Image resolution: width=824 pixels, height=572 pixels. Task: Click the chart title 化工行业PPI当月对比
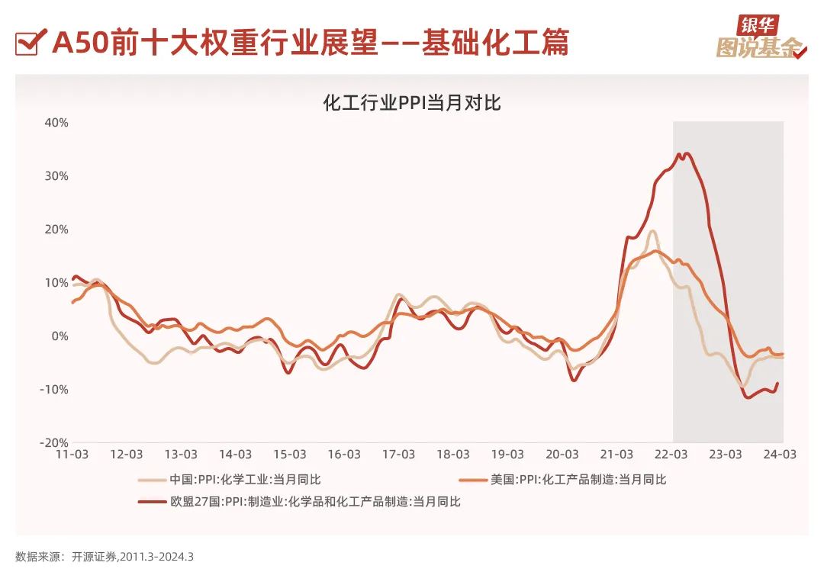click(412, 102)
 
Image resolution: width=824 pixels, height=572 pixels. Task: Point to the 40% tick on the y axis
click(56, 123)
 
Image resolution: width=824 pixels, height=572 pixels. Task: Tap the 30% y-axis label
click(56, 176)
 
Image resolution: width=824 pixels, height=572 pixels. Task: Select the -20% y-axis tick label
click(54, 443)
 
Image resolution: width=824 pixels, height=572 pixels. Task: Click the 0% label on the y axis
click(60, 336)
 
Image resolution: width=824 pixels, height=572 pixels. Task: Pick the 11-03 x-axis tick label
click(72, 455)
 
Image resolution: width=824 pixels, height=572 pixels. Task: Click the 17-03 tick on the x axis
click(398, 455)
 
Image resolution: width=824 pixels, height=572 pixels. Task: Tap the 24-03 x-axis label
click(780, 455)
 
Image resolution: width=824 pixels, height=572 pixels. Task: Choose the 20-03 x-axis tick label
click(562, 455)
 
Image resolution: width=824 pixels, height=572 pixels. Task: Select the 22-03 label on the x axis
click(671, 455)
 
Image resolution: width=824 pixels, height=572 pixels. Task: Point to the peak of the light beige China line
click(653, 231)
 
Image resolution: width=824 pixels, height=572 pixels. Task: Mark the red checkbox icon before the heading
click(27, 43)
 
